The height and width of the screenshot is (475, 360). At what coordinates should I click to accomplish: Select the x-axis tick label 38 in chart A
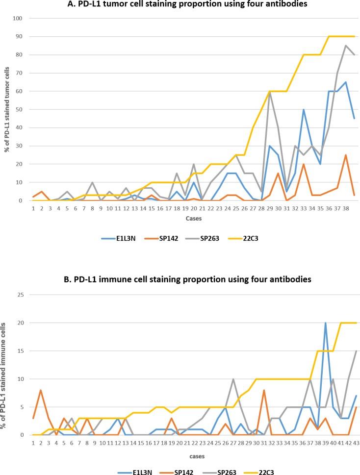pos(346,208)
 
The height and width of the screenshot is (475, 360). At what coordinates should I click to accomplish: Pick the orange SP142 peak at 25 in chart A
pos(346,155)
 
